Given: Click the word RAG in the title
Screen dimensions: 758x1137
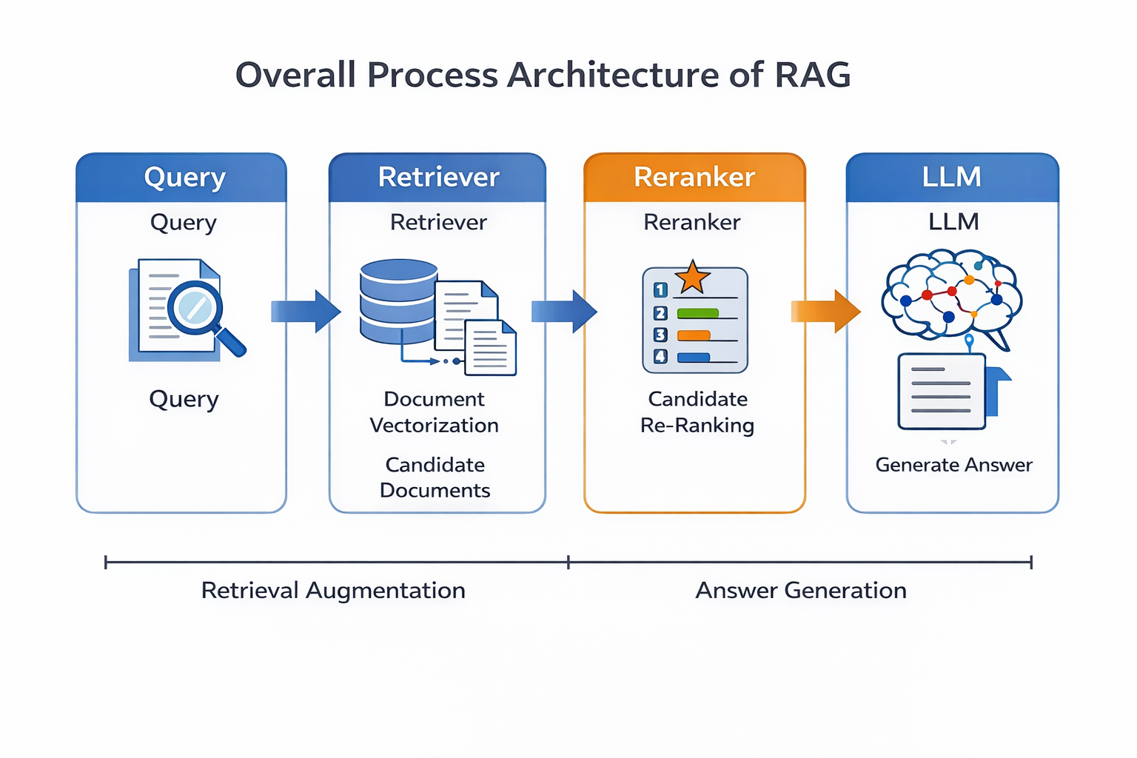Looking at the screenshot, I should coord(813,75).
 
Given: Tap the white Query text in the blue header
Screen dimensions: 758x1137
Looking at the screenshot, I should coord(184,178).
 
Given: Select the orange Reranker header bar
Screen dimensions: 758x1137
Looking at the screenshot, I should coord(694,178).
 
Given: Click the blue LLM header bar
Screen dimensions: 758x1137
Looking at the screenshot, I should coord(952,178).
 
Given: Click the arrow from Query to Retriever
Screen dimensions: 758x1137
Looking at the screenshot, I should coord(305,311).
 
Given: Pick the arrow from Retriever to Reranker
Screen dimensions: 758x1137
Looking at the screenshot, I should coord(563,311).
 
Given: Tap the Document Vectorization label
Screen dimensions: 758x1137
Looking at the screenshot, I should coord(435,412).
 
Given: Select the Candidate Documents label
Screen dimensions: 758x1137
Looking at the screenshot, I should coord(435,477).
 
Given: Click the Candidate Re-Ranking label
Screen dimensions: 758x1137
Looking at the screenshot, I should coord(697,412).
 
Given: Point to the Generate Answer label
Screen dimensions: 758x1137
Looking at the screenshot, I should coord(953,465).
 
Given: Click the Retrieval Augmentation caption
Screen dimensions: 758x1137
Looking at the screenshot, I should coord(333,591).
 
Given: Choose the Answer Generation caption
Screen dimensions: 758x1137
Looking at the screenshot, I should coord(801,591).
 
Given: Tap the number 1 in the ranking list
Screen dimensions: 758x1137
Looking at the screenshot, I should coord(660,290).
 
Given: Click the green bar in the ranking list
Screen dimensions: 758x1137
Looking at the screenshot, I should coord(698,313).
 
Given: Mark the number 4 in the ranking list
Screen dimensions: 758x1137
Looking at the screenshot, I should coord(660,357).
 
